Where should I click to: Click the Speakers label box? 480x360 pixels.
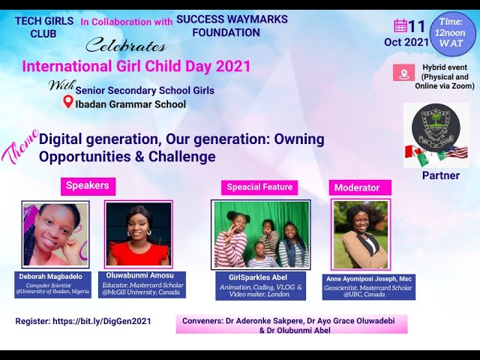click(x=88, y=186)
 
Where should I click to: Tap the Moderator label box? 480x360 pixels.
click(x=357, y=187)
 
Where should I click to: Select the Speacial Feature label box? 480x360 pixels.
click(x=259, y=187)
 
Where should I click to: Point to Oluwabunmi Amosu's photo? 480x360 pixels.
click(x=139, y=235)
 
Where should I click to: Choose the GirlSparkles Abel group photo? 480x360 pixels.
click(x=262, y=235)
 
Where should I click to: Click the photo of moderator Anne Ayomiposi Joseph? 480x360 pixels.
click(x=361, y=235)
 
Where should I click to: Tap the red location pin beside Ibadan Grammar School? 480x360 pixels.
click(x=68, y=102)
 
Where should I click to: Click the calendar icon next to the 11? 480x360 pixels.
click(x=400, y=26)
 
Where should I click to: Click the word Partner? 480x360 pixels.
click(x=440, y=175)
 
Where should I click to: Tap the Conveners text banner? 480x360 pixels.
click(x=292, y=324)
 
